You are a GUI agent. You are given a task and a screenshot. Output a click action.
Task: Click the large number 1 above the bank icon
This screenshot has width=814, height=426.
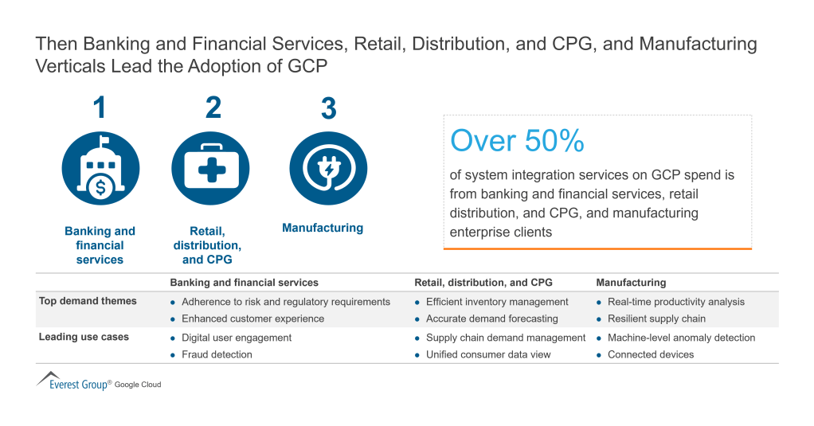pos(100,107)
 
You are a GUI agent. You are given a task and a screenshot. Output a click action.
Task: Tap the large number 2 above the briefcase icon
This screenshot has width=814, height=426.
pos(213,107)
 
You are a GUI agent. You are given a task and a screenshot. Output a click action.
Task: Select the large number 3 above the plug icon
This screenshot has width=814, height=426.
pos(328,108)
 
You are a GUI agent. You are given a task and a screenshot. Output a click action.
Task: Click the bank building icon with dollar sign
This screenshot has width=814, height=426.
pos(100,169)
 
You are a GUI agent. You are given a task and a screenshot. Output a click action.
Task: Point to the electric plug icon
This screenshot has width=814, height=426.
pos(328,169)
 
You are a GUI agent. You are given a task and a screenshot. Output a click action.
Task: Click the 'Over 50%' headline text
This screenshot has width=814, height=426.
pos(517,141)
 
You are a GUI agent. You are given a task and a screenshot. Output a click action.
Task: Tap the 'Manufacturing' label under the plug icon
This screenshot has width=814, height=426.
pos(323,228)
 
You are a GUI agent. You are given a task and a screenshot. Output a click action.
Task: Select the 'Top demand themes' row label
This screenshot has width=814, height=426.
pos(88,301)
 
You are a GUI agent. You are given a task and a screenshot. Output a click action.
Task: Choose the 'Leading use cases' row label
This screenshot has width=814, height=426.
pos(84,337)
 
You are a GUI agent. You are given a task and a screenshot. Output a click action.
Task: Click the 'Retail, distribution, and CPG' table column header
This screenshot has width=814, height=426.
pos(483,283)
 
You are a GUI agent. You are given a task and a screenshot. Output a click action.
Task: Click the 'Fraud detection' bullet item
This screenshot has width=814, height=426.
pos(217,354)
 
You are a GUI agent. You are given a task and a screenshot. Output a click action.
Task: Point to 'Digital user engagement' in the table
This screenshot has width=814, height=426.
pos(237,338)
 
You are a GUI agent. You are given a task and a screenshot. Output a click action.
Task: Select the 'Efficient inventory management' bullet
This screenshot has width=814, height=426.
pos(497,302)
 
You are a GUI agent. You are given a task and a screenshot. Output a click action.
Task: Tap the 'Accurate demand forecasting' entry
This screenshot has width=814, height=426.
pos(491,319)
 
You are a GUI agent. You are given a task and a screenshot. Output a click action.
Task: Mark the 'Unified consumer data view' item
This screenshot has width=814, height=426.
pos(488,354)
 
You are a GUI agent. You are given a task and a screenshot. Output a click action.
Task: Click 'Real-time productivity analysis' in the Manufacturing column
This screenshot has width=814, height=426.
pos(676,302)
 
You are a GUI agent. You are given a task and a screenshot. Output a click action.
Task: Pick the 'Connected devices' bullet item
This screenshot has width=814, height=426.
pos(651,354)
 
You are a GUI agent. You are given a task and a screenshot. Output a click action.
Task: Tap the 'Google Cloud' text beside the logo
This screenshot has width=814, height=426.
pos(138,385)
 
